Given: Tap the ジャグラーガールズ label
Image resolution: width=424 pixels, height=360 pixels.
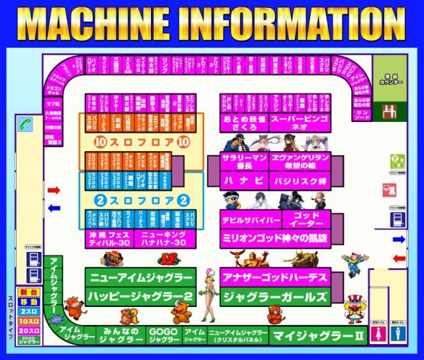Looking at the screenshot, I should (274, 296).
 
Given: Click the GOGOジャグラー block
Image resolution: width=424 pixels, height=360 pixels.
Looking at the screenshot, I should (163, 335).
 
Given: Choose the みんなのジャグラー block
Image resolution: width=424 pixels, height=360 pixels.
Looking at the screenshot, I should (121, 335).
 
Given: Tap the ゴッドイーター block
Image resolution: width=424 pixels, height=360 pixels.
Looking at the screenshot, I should (305, 219).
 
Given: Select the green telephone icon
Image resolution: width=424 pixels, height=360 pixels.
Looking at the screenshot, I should (25, 123).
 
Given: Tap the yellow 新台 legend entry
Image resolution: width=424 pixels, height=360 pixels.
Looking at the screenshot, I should (28, 292).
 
